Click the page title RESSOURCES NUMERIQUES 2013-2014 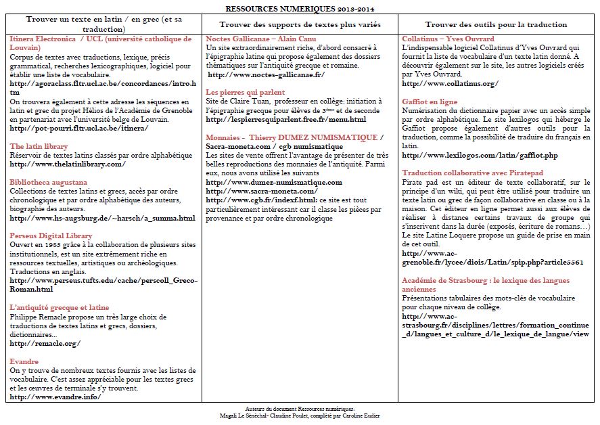(299, 9)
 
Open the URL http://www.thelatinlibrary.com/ (68, 164)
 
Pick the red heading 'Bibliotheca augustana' (48, 182)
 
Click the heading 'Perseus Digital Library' (51, 236)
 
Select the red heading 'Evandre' (24, 361)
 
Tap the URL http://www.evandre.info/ (55, 397)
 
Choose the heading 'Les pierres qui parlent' (246, 92)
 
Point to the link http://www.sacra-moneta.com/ (261, 191)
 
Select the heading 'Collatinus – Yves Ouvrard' (448, 39)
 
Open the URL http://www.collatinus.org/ (450, 83)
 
